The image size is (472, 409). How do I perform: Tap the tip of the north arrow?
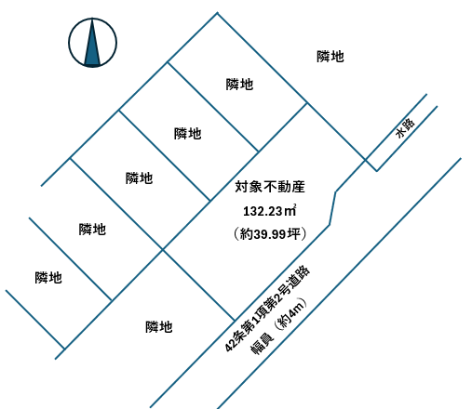click(92, 20)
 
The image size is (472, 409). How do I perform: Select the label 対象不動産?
click(270, 187)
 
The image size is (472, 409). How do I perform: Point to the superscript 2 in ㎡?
click(294, 205)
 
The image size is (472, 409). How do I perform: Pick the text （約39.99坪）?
click(270, 234)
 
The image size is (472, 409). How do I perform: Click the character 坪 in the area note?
click(293, 234)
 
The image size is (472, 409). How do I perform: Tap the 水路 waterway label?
click(405, 127)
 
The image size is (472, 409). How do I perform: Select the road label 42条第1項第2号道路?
click(267, 309)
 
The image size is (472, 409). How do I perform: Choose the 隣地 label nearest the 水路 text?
click(330, 57)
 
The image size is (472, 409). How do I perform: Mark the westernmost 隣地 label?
click(48, 278)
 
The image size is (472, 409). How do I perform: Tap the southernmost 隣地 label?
click(159, 327)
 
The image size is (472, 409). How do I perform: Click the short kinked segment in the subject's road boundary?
click(332, 208)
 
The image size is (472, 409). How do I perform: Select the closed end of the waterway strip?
click(371, 165)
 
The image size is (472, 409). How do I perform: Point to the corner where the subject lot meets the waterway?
click(365, 160)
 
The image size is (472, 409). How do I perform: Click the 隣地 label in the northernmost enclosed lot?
click(239, 85)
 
